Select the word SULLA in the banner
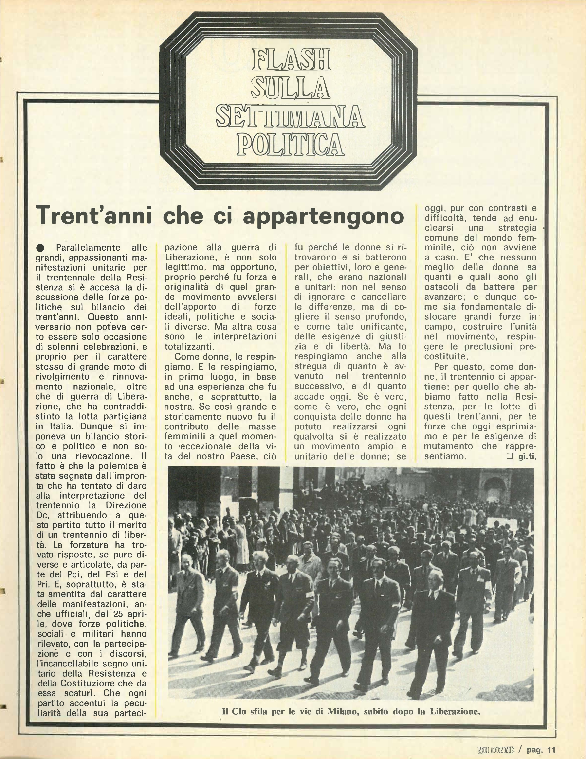pyautogui.click(x=291, y=88)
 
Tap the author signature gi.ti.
pyautogui.click(x=527, y=457)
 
